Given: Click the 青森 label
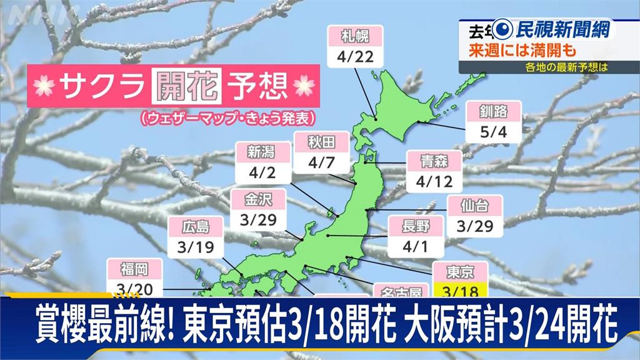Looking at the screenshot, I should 435,160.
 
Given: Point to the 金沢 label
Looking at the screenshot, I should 258,200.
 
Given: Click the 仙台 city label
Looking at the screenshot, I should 476,204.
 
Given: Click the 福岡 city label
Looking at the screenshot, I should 135,269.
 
